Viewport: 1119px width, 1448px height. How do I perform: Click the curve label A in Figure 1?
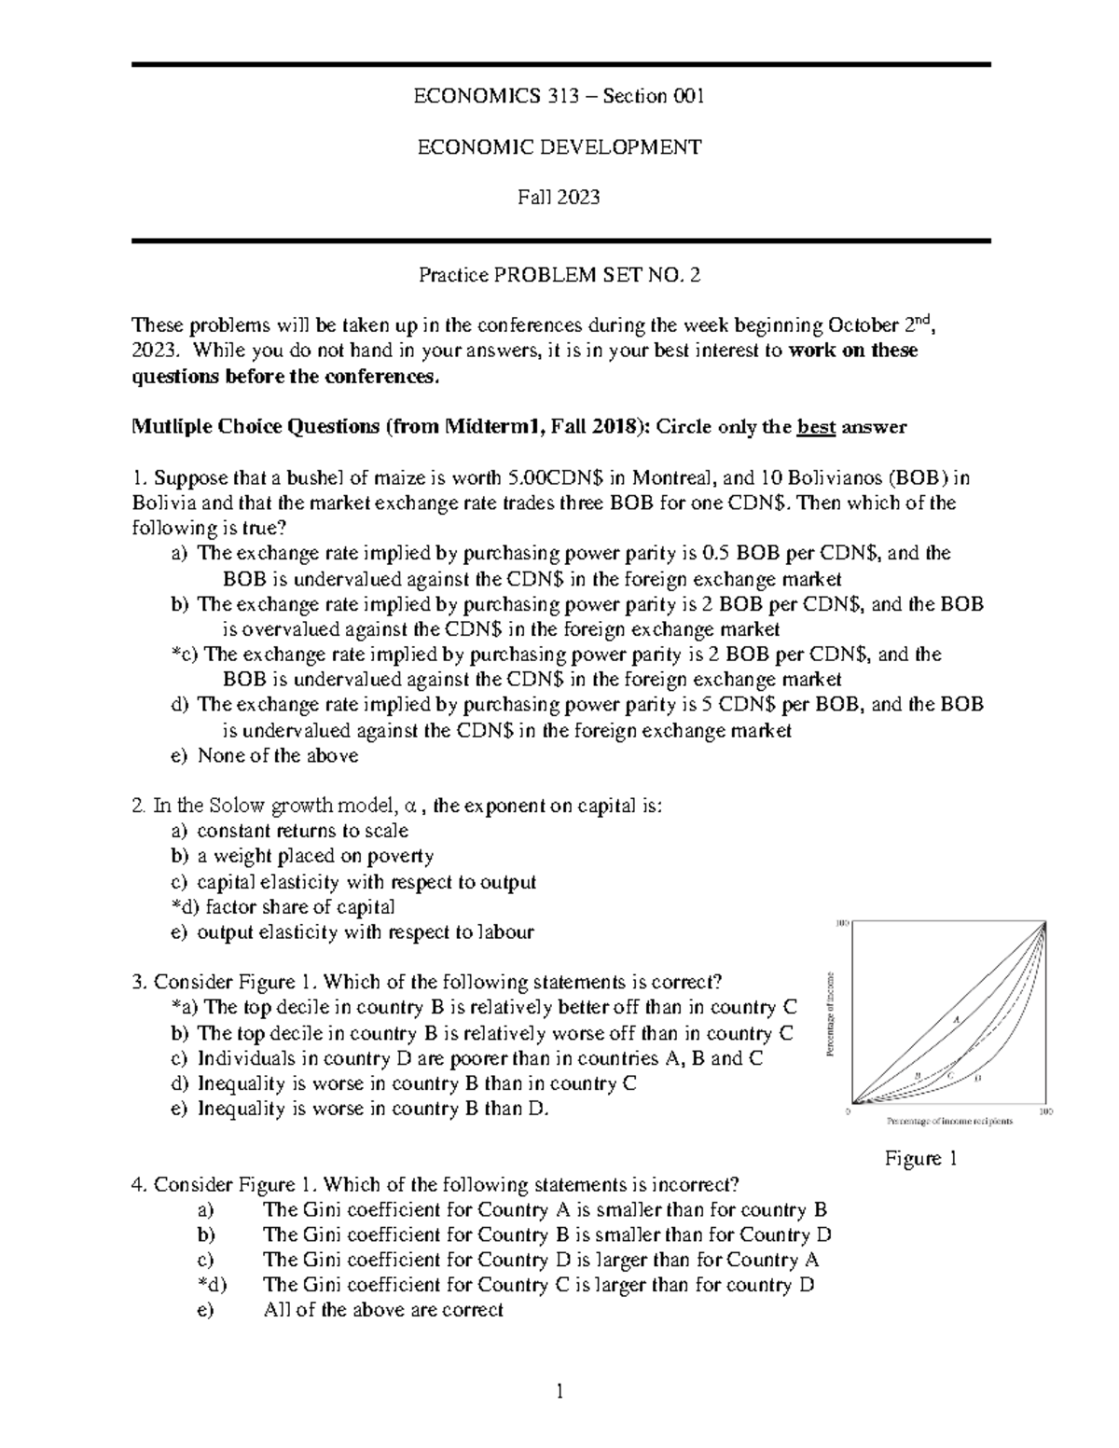[x=955, y=1018]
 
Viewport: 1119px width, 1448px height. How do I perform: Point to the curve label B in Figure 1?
[x=918, y=1075]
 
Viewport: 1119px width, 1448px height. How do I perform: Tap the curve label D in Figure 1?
[x=977, y=1078]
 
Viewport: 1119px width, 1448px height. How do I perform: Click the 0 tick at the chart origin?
[x=847, y=1111]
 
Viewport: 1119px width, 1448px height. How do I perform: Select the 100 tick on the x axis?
[x=1045, y=1111]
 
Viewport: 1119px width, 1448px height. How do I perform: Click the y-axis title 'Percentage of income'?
[x=828, y=1014]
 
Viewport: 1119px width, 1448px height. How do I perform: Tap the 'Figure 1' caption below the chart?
[x=921, y=1159]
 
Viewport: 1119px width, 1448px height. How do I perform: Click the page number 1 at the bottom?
[x=559, y=1394]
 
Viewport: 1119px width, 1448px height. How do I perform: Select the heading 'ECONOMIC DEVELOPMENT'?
[x=559, y=146]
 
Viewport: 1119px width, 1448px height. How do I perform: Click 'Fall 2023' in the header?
[x=559, y=197]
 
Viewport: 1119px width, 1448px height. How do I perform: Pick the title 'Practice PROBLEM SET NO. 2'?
[x=559, y=275]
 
